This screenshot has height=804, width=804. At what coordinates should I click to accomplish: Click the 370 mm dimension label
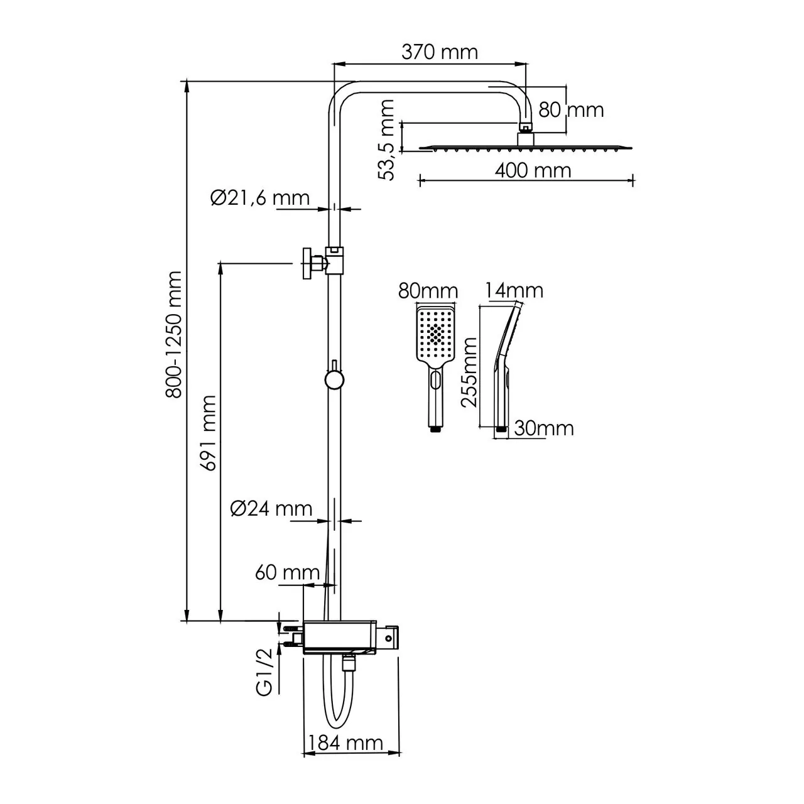439,52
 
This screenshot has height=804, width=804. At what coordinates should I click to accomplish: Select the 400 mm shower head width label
533,170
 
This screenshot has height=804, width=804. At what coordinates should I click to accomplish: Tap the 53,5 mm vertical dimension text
388,140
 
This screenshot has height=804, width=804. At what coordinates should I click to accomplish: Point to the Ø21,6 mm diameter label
259,198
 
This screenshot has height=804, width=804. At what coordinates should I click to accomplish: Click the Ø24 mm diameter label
271,508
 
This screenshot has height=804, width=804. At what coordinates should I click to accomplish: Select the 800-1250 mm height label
174,334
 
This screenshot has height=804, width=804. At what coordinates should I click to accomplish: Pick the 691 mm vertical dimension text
207,433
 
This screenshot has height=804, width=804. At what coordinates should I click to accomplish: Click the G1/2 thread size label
266,671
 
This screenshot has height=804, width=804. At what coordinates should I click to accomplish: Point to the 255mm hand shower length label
470,372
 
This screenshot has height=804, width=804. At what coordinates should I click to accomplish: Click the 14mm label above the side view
514,291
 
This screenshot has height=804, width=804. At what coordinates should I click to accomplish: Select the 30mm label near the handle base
544,428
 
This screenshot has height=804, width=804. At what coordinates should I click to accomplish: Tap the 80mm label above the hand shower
427,291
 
